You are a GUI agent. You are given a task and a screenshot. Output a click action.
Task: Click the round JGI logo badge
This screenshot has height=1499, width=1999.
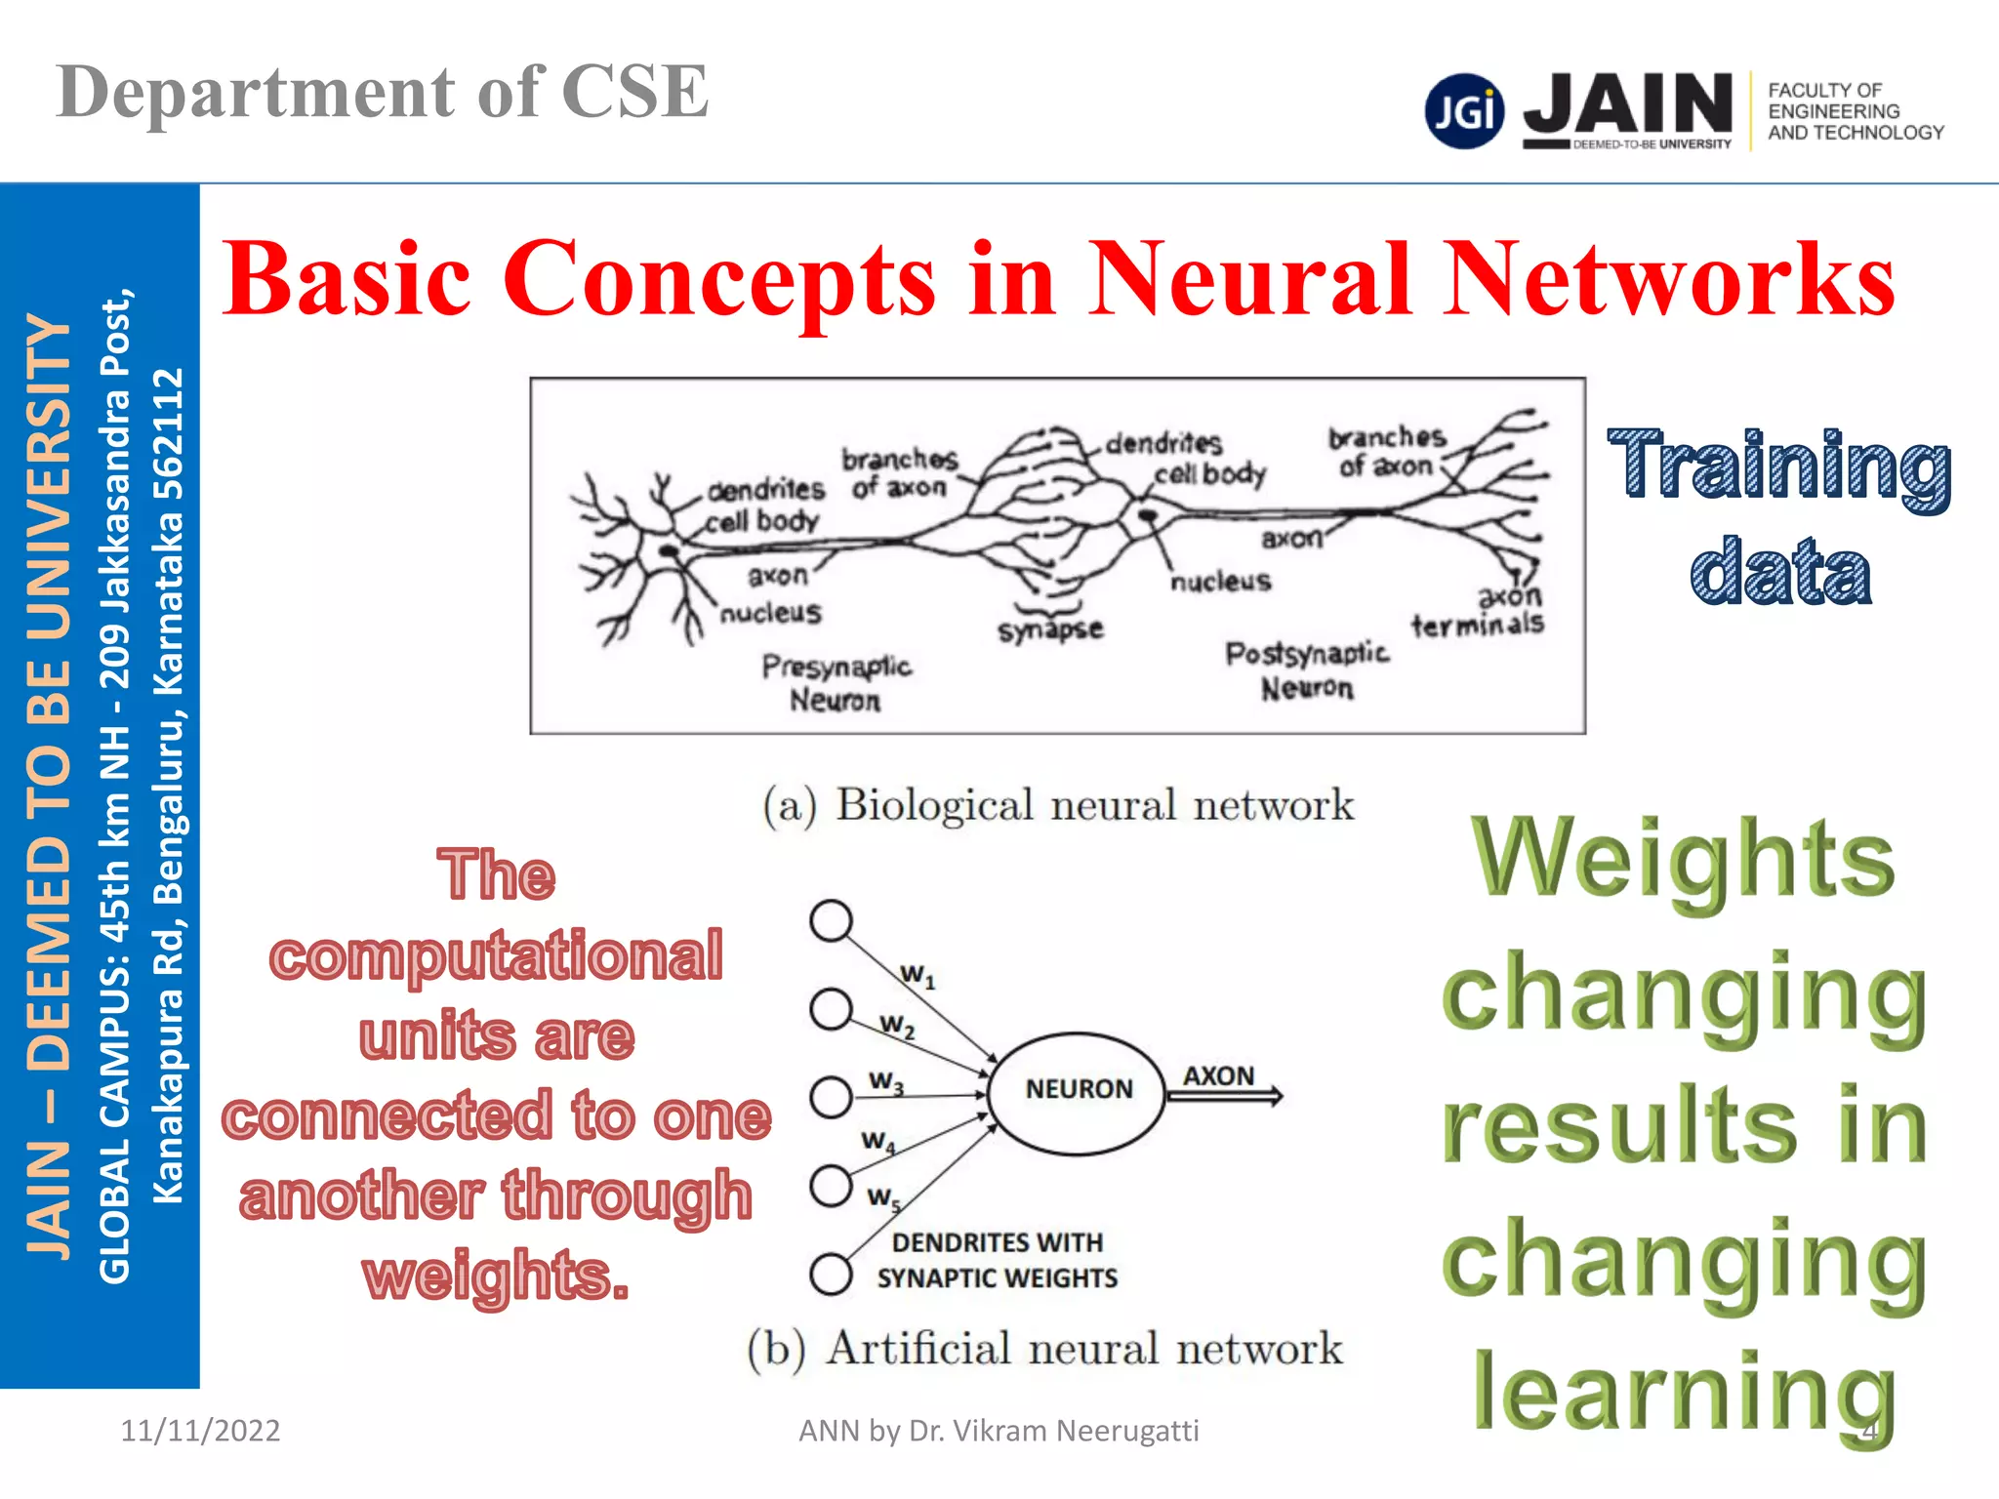(x=1464, y=110)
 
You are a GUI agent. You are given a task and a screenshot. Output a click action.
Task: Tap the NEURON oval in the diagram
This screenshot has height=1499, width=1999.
(x=1078, y=1092)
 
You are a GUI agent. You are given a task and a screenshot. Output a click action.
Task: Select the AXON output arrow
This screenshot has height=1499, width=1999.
(x=1224, y=1095)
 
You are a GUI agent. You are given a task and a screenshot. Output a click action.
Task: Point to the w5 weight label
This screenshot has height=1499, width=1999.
(x=883, y=1197)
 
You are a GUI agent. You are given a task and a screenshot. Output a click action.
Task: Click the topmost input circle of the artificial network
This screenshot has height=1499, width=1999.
(x=831, y=920)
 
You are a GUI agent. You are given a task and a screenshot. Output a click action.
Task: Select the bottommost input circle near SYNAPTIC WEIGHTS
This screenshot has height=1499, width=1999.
(x=831, y=1273)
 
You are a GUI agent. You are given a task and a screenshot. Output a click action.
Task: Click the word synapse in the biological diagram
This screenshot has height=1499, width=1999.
(x=1050, y=629)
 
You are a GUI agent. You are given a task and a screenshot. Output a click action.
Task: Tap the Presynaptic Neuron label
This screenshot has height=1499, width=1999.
(x=836, y=683)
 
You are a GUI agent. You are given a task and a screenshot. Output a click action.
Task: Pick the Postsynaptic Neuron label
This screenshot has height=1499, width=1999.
(x=1306, y=670)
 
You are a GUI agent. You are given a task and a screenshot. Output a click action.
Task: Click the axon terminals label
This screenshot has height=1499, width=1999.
(x=1480, y=611)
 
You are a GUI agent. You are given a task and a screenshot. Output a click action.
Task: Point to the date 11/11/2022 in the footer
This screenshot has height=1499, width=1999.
(x=200, y=1431)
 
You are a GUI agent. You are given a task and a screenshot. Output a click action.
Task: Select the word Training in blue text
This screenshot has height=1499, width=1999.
(x=1778, y=466)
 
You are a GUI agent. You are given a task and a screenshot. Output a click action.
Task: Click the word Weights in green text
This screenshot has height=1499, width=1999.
(x=1683, y=859)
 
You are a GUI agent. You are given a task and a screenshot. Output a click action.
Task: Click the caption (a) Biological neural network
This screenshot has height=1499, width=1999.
(x=1058, y=806)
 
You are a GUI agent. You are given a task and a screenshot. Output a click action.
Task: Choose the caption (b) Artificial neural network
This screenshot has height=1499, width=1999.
(x=1044, y=1349)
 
